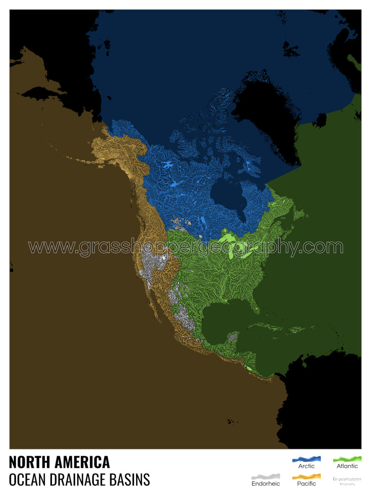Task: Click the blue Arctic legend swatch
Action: pyautogui.click(x=306, y=458)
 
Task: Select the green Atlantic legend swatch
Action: pyautogui.click(x=347, y=458)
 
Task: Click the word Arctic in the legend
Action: pyautogui.click(x=306, y=466)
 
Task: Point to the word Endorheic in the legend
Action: pyautogui.click(x=265, y=484)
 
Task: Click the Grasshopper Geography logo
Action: pyautogui.click(x=347, y=481)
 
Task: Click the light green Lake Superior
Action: pyautogui.click(x=227, y=239)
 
